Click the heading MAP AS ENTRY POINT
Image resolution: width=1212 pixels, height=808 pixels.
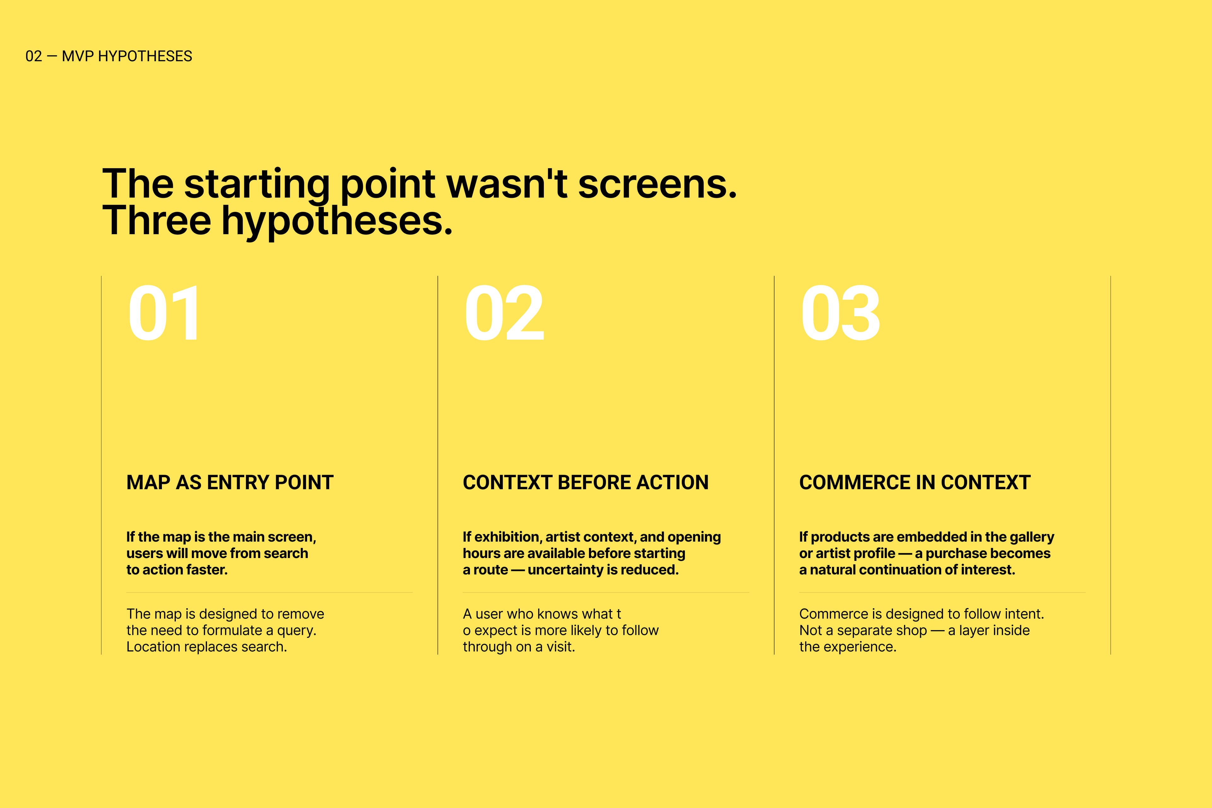pyautogui.click(x=230, y=482)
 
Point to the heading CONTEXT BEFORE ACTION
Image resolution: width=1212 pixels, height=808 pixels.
pyautogui.click(x=585, y=482)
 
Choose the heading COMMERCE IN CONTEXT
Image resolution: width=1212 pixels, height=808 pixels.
pyautogui.click(x=915, y=482)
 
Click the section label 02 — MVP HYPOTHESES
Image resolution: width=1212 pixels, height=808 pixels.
pyautogui.click(x=109, y=56)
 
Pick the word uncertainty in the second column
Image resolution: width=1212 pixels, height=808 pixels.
pyautogui.click(x=564, y=570)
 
